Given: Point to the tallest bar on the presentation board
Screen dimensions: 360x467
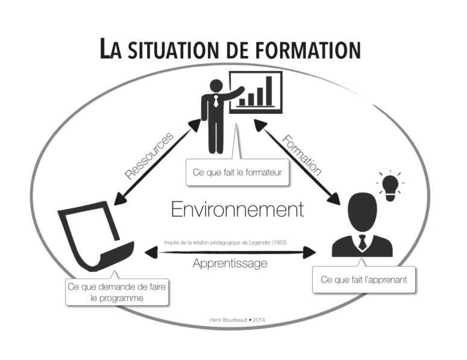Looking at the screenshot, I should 269,91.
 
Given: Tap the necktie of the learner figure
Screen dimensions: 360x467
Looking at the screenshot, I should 362,242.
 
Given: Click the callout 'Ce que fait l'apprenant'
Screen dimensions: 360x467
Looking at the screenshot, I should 364,280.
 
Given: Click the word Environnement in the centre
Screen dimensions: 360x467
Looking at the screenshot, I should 237,209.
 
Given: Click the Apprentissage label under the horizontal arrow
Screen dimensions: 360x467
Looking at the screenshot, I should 230,263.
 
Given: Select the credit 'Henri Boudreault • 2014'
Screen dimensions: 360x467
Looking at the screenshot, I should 234,320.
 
